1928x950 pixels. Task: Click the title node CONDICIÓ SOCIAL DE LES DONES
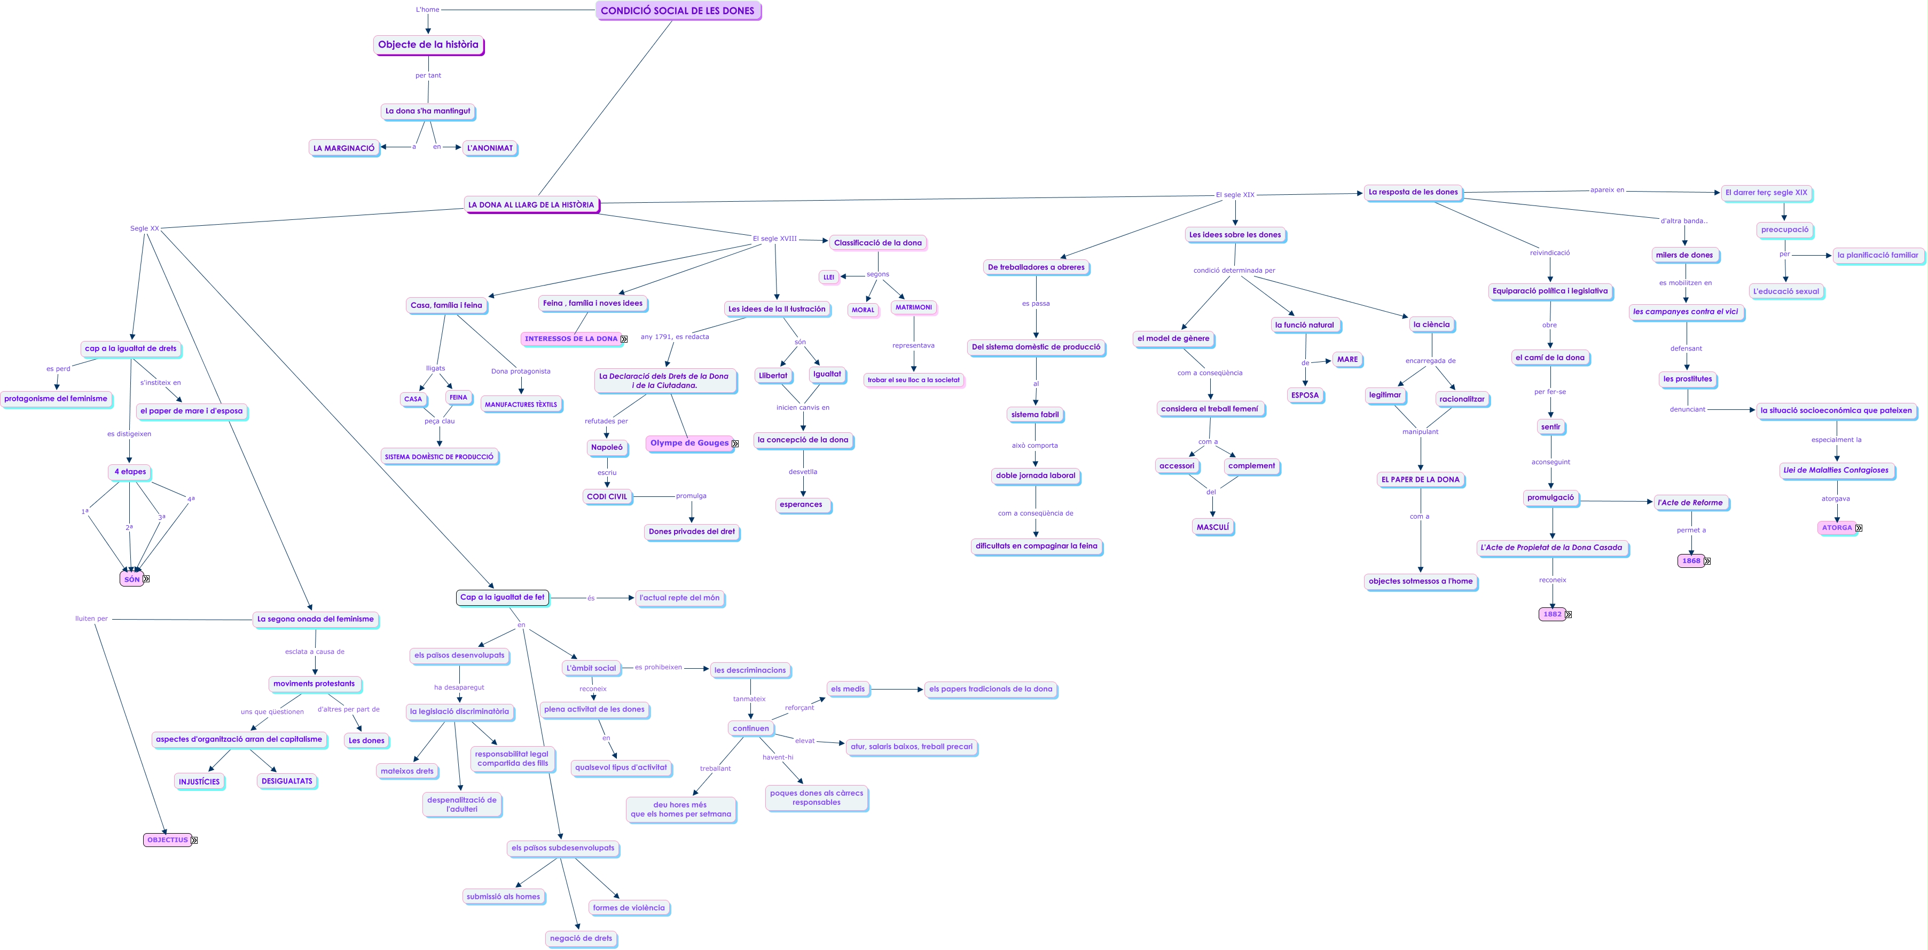tap(677, 11)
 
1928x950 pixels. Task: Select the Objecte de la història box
tap(428, 45)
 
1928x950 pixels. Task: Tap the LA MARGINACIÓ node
tap(343, 148)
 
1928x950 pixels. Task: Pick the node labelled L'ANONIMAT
tap(490, 148)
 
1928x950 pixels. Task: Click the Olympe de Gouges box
tap(688, 443)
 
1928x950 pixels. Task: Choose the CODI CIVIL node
tap(607, 497)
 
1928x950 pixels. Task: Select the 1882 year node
tap(1551, 614)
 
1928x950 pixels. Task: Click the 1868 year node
tap(1691, 560)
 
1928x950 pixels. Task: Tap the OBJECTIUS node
tap(167, 840)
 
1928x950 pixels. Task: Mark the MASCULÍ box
tap(1212, 527)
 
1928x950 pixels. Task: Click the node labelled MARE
tap(1347, 360)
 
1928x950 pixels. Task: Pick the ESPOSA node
tap(1305, 395)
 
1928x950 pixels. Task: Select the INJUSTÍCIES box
tap(199, 782)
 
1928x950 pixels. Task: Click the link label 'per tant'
tap(428, 76)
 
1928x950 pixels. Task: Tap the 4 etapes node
tap(130, 472)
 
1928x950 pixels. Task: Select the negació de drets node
tap(581, 938)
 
